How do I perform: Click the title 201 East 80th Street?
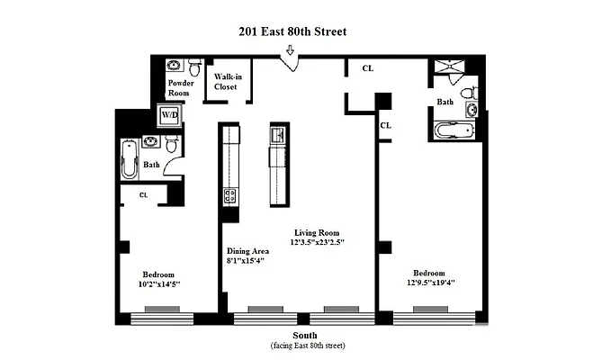[292, 31]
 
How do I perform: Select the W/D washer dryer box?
[169, 115]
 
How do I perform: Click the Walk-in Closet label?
[223, 84]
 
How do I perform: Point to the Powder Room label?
[182, 87]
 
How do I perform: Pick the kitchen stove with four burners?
[229, 195]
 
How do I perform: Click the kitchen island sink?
[277, 137]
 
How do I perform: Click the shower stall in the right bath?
[448, 71]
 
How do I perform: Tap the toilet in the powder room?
[193, 67]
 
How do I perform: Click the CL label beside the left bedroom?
[144, 193]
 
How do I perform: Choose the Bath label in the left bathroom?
[151, 165]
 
